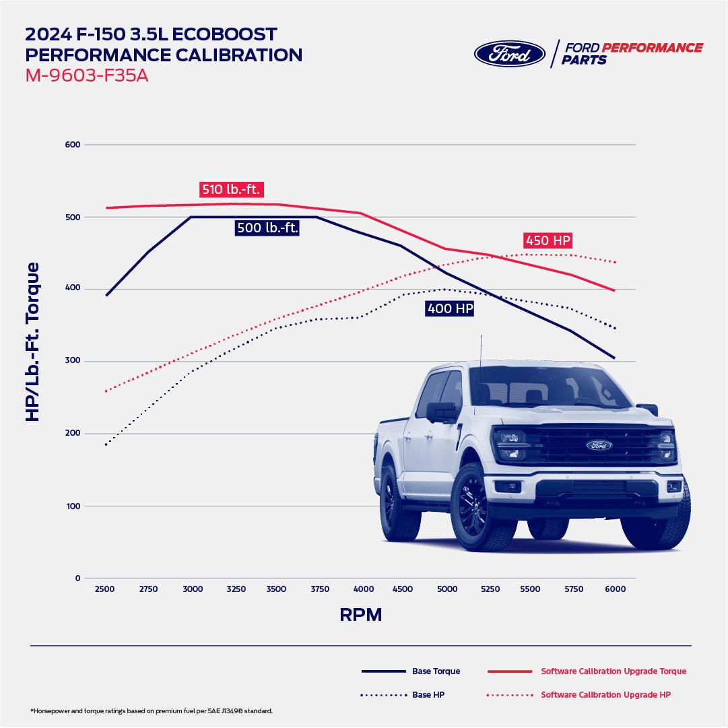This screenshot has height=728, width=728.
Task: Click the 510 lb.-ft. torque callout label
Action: [230, 189]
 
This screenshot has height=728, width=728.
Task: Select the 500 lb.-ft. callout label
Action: [267, 228]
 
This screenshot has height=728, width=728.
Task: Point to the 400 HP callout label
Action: [450, 308]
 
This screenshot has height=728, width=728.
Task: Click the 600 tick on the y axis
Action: [73, 145]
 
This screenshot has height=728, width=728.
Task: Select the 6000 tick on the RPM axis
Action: [615, 589]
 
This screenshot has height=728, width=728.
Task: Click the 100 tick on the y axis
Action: [73, 506]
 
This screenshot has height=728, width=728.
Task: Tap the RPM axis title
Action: [360, 615]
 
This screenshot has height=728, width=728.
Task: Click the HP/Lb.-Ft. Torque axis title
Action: [32, 342]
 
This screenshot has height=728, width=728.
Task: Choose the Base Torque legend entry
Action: [436, 671]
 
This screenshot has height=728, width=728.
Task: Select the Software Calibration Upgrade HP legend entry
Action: [605, 694]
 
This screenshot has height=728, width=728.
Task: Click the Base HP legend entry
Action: [428, 694]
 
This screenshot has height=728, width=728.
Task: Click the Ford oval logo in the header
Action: [509, 54]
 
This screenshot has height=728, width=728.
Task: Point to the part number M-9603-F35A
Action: [87, 75]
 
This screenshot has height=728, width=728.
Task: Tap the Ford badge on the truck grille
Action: [599, 445]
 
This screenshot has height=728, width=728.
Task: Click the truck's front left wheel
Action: [477, 507]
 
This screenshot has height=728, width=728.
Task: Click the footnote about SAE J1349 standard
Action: [152, 711]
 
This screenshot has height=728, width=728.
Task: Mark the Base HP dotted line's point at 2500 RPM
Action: [106, 444]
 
